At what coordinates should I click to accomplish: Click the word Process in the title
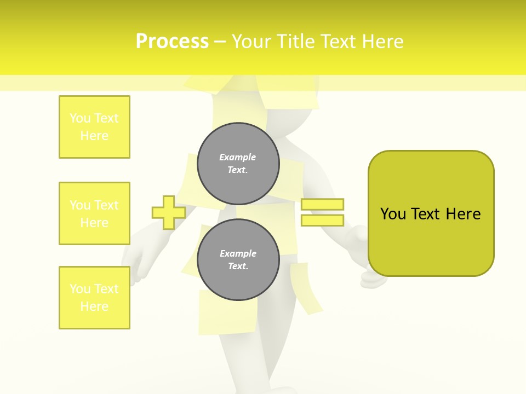172,42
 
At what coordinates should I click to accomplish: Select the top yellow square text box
94,127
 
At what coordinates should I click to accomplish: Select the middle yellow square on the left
94,213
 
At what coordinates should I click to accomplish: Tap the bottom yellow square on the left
94,298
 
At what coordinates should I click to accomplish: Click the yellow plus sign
169,212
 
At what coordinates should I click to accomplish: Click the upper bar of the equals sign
322,204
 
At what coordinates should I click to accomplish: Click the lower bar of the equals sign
322,221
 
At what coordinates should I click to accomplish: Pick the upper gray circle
238,163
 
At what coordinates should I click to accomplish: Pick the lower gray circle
238,259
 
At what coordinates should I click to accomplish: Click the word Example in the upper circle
238,157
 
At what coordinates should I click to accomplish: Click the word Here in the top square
94,136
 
